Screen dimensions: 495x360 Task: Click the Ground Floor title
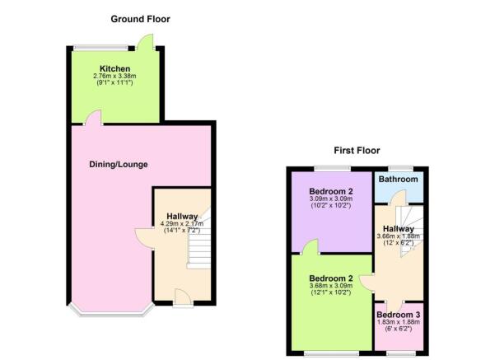pos(140,19)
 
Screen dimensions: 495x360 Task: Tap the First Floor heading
pos(357,151)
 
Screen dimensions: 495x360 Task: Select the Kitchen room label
pos(115,68)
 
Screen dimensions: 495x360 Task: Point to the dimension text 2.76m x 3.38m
pos(114,76)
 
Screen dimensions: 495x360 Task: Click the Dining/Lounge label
pos(119,165)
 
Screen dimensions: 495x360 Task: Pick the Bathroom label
pos(398,180)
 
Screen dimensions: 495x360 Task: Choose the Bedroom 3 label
pos(398,315)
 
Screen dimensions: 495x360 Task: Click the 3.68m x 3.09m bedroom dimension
pos(331,286)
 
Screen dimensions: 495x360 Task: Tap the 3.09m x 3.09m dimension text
pos(331,199)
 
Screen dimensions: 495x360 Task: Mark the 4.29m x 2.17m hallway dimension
pos(182,223)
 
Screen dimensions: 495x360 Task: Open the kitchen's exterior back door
pos(145,42)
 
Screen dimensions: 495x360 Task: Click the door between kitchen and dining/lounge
pos(93,118)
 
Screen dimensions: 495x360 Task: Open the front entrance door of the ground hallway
pos(183,297)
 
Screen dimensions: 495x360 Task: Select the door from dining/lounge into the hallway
pos(144,238)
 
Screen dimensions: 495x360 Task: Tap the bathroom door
pos(397,198)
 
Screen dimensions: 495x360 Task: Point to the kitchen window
pos(100,48)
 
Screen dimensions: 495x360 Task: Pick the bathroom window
pos(400,169)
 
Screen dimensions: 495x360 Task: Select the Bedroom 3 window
pos(399,353)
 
